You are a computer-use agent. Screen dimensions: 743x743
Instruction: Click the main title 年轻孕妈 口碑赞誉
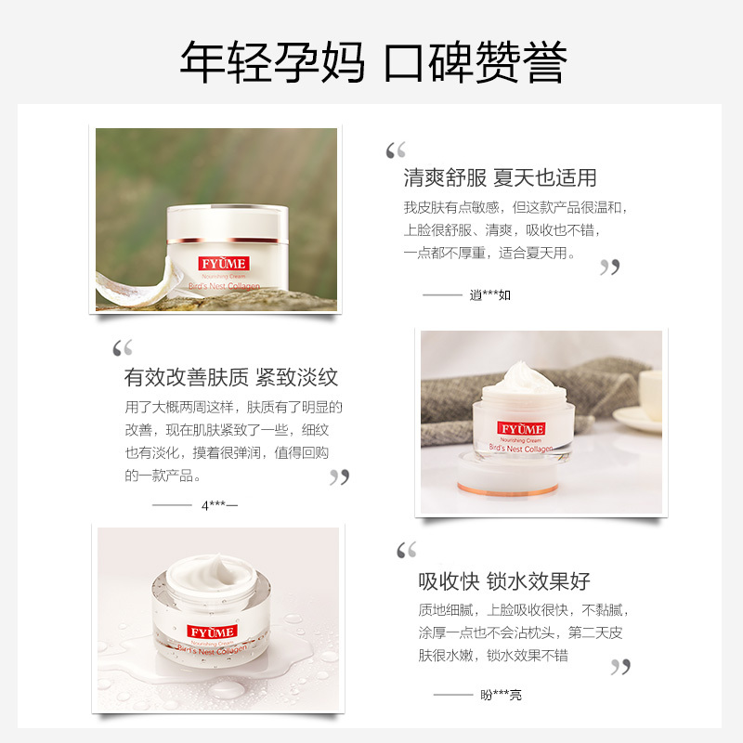(x=373, y=62)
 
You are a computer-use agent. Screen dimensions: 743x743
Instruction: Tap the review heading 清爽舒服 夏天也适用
(x=500, y=177)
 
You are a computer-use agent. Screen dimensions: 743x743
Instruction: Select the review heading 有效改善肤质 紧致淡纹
(x=230, y=377)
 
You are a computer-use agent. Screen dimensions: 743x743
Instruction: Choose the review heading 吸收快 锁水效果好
(x=504, y=581)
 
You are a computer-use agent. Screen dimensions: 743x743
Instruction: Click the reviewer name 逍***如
(x=490, y=294)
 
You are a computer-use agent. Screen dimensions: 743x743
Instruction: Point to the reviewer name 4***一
(x=219, y=505)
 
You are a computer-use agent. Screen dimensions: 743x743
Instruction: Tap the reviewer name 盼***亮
(x=501, y=695)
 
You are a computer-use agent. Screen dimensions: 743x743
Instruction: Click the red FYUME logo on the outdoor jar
(x=224, y=264)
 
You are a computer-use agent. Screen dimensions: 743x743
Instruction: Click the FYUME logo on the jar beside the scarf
(x=521, y=428)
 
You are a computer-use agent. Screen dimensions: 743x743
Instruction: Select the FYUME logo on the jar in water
(x=212, y=632)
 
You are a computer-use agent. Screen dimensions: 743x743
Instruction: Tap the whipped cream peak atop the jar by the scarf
(x=525, y=374)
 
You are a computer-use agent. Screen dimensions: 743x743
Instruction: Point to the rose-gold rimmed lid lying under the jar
(x=507, y=475)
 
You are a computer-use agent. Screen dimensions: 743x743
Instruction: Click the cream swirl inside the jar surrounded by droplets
(x=213, y=575)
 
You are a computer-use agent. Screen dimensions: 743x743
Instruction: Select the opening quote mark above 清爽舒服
(x=396, y=150)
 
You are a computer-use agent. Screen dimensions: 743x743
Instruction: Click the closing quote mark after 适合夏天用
(x=610, y=267)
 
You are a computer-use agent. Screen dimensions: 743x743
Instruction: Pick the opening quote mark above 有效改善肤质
(x=123, y=347)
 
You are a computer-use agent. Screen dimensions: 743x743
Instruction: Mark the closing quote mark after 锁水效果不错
(x=620, y=667)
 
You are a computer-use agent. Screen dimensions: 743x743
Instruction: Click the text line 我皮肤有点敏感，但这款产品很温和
(x=515, y=207)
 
